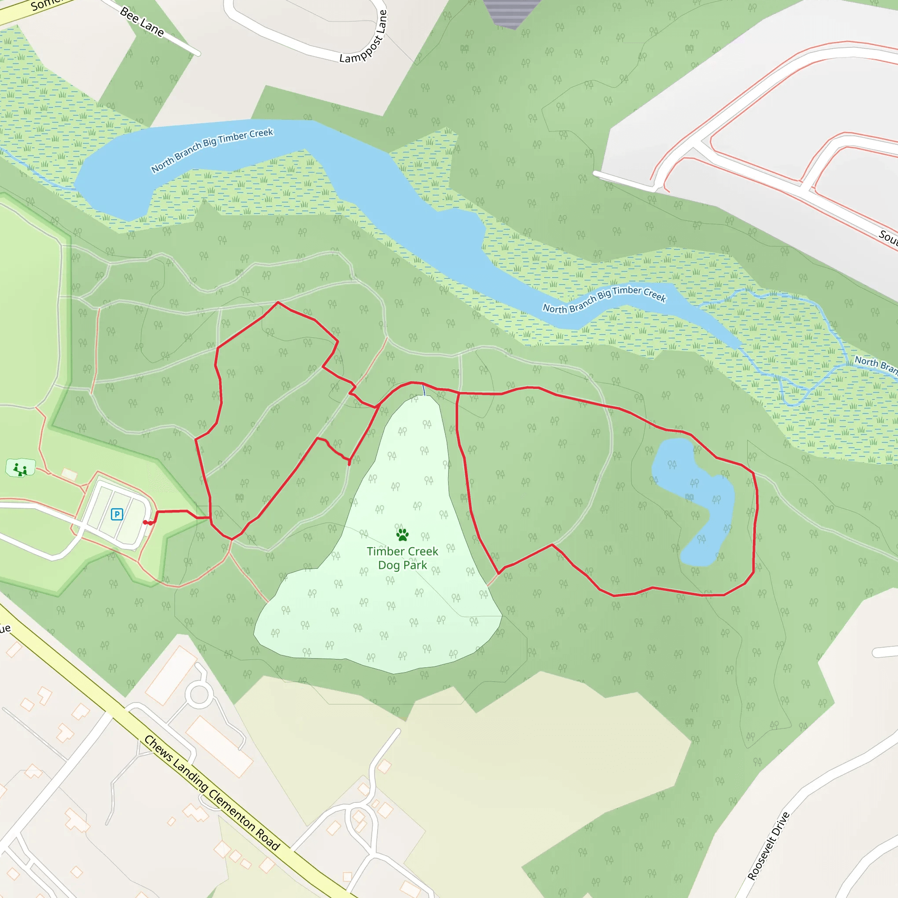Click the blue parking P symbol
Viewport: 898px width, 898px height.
[117, 514]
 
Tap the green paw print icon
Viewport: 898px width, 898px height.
[402, 535]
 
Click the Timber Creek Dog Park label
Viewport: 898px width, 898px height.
[402, 558]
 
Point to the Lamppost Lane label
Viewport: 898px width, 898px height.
[363, 37]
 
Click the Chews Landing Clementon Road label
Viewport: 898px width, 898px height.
[212, 793]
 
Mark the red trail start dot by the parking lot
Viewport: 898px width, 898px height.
[146, 522]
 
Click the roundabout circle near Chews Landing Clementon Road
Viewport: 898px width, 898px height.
[200, 695]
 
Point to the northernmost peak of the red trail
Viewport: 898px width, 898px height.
[278, 303]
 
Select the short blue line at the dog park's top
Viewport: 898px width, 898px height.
[424, 389]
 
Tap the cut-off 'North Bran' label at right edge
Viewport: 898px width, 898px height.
[876, 363]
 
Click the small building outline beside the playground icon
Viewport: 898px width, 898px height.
[69, 474]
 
